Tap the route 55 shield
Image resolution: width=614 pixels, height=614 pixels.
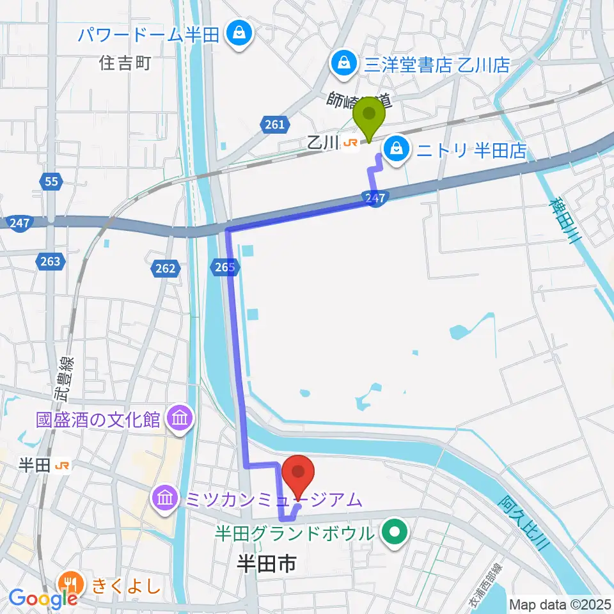pyautogui.click(x=52, y=182)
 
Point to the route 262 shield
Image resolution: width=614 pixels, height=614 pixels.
pyautogui.click(x=165, y=269)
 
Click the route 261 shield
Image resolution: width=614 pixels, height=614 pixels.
pyautogui.click(x=274, y=125)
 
